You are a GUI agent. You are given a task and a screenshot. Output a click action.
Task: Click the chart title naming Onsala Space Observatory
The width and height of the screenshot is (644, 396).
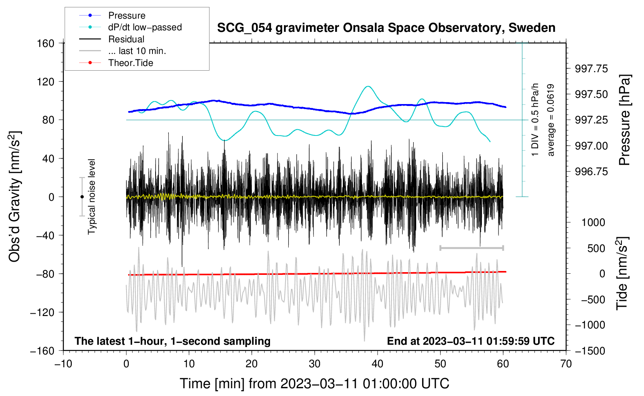click(x=386, y=28)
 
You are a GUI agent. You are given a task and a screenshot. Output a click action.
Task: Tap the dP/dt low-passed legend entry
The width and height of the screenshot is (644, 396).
click(x=145, y=27)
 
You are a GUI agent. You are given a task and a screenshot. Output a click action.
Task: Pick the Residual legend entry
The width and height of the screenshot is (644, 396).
click(x=126, y=39)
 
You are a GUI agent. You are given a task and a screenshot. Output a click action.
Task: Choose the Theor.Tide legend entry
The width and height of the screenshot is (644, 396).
click(x=130, y=63)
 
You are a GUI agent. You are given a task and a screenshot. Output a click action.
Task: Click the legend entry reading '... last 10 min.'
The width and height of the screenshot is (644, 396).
click(x=137, y=51)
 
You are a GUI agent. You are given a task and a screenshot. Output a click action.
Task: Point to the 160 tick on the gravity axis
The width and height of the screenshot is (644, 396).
click(x=46, y=43)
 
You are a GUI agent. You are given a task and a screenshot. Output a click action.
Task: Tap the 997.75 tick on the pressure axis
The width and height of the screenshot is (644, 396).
click(x=591, y=69)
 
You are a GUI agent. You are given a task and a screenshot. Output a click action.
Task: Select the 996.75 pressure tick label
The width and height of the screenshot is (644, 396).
click(x=591, y=172)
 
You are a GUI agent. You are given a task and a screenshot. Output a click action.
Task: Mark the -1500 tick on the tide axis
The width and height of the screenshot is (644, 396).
click(x=590, y=351)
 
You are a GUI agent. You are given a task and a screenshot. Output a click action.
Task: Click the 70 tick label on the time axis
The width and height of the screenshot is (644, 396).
click(x=566, y=364)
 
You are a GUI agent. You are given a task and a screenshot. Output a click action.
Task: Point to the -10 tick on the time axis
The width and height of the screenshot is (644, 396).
click(x=63, y=364)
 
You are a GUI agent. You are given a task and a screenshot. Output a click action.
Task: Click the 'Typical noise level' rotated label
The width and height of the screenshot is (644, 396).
click(x=92, y=196)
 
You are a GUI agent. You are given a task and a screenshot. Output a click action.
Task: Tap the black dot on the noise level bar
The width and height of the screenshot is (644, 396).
click(x=82, y=197)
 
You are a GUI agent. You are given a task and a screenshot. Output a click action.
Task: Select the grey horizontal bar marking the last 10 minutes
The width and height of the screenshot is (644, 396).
click(x=472, y=248)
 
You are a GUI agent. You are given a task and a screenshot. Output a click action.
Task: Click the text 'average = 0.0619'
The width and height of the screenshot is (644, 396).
click(x=551, y=120)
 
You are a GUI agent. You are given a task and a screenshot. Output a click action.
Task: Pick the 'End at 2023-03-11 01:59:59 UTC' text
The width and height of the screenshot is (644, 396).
click(x=471, y=341)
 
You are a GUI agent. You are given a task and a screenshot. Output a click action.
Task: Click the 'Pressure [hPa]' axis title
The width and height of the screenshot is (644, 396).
click(x=625, y=120)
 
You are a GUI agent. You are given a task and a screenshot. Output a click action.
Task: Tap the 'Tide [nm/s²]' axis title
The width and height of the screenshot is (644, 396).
click(x=622, y=273)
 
